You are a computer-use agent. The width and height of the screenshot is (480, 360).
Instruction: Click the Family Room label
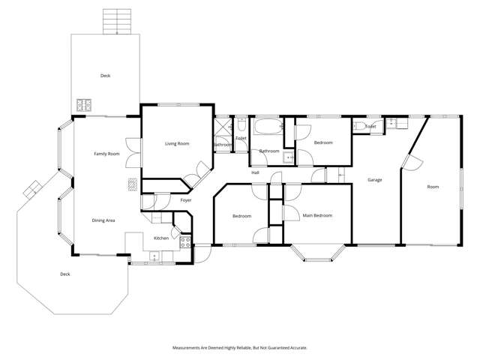106,154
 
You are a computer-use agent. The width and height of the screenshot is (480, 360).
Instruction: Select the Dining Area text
103,220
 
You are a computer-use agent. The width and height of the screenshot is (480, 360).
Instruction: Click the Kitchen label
161,238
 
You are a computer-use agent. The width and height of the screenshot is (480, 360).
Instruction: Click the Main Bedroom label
316,216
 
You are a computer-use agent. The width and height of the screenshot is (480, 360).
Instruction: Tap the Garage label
375,180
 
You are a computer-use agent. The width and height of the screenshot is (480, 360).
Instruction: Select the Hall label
255,172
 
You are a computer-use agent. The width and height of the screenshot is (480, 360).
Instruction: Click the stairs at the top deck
117,22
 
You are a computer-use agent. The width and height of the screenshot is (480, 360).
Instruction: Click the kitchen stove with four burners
184,243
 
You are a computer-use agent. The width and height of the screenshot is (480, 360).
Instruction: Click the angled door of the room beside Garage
409,161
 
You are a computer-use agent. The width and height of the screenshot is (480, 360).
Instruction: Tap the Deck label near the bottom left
64,274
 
